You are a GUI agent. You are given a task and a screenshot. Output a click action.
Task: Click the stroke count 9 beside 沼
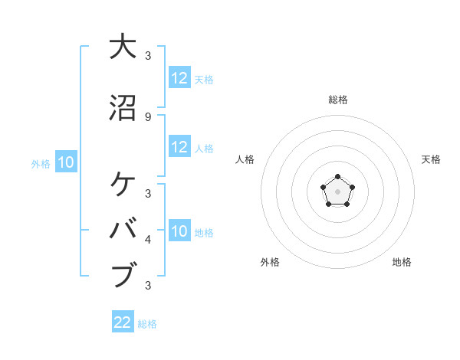point(147,116)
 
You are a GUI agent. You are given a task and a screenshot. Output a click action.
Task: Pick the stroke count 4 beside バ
point(147,240)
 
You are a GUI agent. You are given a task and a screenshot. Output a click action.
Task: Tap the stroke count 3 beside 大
point(147,55)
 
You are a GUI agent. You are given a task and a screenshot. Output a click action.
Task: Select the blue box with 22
point(123,322)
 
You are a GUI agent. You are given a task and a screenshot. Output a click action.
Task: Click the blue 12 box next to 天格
point(179,78)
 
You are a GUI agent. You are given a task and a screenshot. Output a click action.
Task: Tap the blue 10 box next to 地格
point(179,231)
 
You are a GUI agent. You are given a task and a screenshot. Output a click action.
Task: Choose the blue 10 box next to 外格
point(66,162)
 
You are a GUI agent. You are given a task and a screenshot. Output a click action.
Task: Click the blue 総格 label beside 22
point(147,324)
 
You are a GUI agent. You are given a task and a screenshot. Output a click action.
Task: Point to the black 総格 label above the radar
point(337,100)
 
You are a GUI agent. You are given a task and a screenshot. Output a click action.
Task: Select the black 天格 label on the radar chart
point(431,159)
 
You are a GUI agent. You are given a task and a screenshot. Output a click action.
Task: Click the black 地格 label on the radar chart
point(402,262)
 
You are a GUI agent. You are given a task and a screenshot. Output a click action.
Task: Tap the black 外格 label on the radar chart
point(270,262)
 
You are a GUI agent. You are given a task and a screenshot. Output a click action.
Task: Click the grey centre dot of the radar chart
point(337,190)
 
